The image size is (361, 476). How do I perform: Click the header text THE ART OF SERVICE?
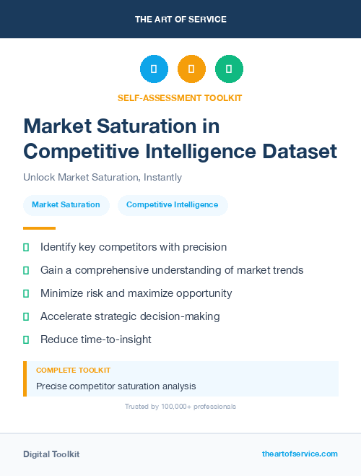pyautogui.click(x=180, y=20)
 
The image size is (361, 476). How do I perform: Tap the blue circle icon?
pyautogui.click(x=154, y=69)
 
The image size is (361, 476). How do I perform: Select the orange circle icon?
pyautogui.click(x=191, y=69)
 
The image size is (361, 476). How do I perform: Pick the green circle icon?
pyautogui.click(x=229, y=69)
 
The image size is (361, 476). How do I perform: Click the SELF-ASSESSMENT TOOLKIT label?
pyautogui.click(x=180, y=98)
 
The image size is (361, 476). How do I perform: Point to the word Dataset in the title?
pyautogui.click(x=297, y=152)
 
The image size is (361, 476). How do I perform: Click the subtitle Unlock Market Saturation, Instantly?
pyautogui.click(x=103, y=177)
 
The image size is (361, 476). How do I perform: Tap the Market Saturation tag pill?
pyautogui.click(x=66, y=205)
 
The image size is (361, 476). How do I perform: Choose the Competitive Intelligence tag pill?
pyautogui.click(x=172, y=205)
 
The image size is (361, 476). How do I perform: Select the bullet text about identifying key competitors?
pyautogui.click(x=134, y=247)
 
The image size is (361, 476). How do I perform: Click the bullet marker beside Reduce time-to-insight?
pyautogui.click(x=26, y=339)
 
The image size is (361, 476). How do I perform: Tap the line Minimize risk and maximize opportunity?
pyautogui.click(x=136, y=293)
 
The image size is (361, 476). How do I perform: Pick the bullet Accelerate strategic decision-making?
pyautogui.click(x=130, y=316)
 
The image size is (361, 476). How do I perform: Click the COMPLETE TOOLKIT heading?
pyautogui.click(x=73, y=370)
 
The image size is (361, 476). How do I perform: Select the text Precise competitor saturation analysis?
pyautogui.click(x=116, y=386)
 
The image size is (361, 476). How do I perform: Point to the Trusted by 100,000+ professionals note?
pyautogui.click(x=180, y=407)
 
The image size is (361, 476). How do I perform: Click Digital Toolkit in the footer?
pyautogui.click(x=51, y=454)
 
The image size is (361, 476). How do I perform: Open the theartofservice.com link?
pyautogui.click(x=300, y=454)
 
